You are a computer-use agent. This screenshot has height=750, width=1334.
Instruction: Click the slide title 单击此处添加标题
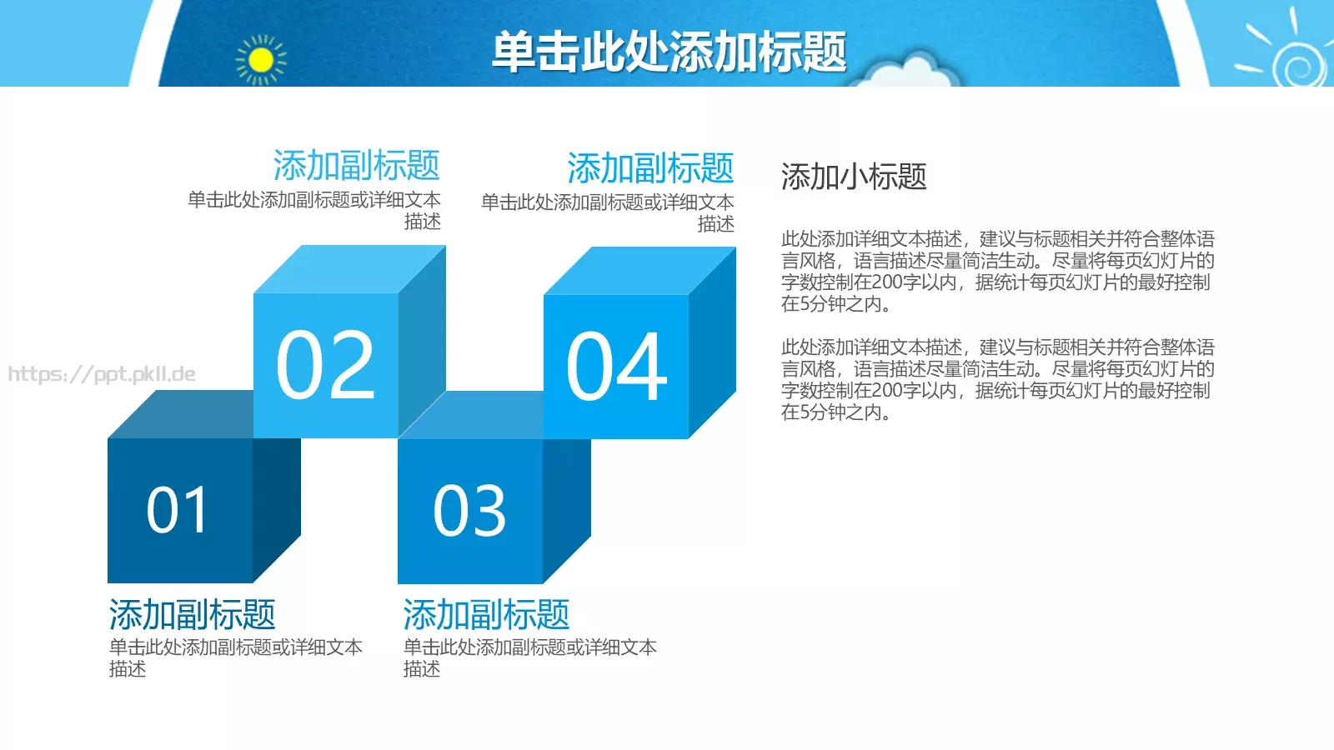point(669,52)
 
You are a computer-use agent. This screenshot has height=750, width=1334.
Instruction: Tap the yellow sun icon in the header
point(261,60)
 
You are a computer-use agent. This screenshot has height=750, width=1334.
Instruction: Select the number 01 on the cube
point(177,510)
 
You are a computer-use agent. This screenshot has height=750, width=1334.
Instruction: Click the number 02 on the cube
point(325,365)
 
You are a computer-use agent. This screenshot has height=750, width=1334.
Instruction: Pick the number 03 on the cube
point(469,511)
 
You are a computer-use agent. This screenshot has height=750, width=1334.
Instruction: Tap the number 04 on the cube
point(616,367)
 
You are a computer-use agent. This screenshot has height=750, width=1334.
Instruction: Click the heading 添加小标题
point(854,177)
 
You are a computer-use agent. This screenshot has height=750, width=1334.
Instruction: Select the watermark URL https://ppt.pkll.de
point(102,374)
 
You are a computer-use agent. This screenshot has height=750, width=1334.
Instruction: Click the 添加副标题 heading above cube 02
point(356,166)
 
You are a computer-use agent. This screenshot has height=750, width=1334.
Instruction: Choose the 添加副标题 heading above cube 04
point(650,168)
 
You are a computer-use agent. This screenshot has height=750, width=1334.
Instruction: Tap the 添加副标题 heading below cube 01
point(193,615)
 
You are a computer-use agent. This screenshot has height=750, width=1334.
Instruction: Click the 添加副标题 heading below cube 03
point(487,615)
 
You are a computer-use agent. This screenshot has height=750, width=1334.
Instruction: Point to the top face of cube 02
point(350,268)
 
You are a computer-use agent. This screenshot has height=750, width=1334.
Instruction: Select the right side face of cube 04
point(712,342)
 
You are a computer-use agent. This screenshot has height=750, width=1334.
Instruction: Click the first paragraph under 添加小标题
point(997,272)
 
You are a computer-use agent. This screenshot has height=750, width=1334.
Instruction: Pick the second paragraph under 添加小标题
point(997,380)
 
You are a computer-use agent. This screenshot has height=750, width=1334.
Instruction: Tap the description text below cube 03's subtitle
point(529,657)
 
